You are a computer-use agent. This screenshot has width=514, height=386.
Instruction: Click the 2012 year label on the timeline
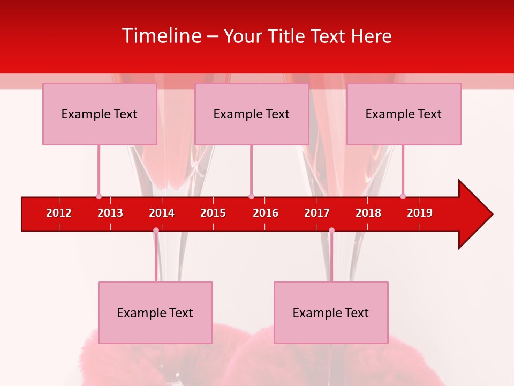59,213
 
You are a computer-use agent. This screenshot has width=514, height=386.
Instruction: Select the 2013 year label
110,213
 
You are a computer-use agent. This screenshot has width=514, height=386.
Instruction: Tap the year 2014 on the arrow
162,213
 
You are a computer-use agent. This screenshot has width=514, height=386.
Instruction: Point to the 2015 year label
213,213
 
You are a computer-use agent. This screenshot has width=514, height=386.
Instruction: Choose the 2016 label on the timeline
266,213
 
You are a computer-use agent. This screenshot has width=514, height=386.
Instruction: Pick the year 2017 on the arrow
317,213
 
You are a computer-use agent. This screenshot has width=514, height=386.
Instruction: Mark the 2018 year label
368,213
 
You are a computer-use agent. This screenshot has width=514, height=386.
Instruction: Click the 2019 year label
420,213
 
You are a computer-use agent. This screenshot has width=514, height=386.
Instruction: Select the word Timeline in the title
162,36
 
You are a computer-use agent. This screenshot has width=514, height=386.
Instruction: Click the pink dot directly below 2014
156,230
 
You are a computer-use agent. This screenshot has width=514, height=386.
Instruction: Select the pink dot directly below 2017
331,230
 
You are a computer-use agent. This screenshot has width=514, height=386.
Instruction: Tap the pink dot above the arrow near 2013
99,196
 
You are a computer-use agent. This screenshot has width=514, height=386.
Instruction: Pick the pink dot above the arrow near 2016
251,196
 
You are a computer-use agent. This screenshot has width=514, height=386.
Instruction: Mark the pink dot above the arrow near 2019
403,196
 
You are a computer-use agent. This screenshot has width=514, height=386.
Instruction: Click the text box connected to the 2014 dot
155,313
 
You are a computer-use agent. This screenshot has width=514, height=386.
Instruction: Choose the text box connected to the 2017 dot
331,313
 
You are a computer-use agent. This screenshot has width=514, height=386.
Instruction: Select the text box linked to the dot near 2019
404,114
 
